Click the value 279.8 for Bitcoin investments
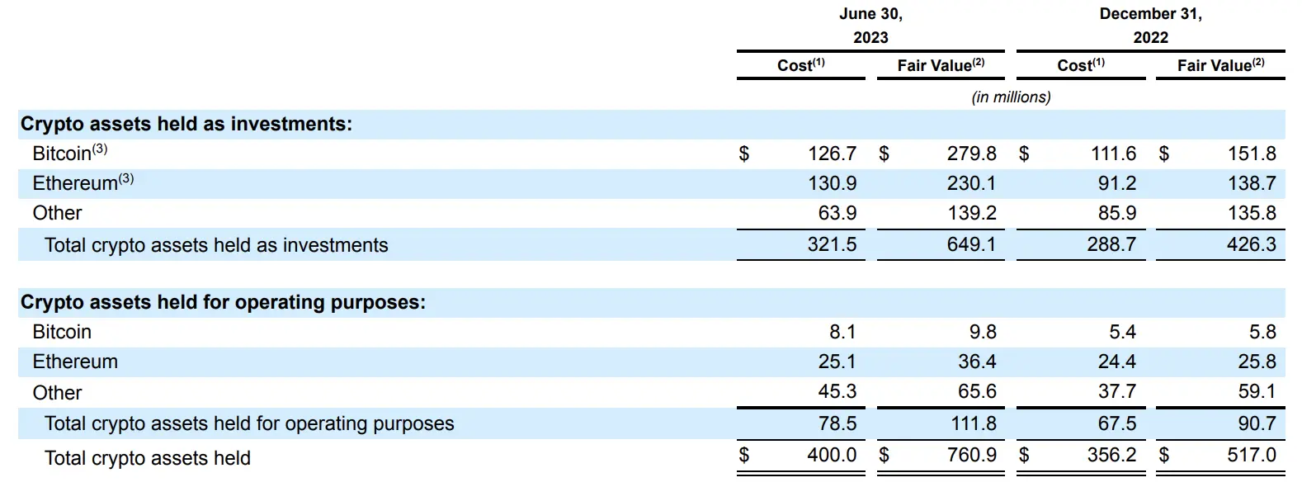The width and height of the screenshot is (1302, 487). pos(971,154)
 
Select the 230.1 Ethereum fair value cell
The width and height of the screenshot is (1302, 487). pos(971,183)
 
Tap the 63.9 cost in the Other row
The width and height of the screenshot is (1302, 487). pos(837,213)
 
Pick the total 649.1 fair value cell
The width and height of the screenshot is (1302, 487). pos(971,245)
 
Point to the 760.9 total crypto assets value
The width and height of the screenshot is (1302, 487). pos(971,455)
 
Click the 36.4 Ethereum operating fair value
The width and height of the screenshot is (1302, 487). pos(977,362)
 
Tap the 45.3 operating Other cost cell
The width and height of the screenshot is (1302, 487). pos(837,392)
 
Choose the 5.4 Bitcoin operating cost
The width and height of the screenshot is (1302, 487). pos(1122,332)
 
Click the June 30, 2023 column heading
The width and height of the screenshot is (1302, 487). pos(870,26)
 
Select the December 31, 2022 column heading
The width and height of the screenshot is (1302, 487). pos(1150,26)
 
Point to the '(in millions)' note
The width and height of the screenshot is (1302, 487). pos(1011,97)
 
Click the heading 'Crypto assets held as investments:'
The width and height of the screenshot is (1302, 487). pos(186,124)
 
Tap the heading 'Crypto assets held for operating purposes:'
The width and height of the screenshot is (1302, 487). pos(223,302)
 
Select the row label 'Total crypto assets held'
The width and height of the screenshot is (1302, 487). pos(148,458)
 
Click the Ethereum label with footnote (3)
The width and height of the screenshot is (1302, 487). pos(83,182)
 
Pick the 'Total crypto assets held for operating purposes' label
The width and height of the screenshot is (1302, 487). pos(249,423)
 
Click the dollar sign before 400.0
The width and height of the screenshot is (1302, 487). pos(744,455)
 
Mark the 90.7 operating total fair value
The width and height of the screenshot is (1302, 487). pos(1257,423)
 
